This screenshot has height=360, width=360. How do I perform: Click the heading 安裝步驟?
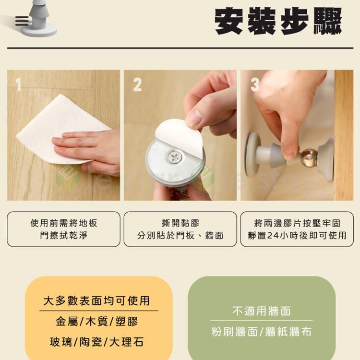[278, 21]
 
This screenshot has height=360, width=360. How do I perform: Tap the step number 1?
[19, 84]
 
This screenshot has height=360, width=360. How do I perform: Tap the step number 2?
[137, 84]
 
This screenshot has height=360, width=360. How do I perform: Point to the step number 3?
[255, 84]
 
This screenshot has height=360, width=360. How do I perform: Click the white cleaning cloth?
[60, 129]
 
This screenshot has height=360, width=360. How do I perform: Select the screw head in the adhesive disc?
[175, 157]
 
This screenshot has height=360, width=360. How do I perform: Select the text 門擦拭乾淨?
[63, 235]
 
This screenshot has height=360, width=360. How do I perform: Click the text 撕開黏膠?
[180, 223]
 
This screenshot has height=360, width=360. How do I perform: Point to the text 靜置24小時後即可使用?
[297, 235]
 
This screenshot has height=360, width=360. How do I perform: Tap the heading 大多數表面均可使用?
[96, 300]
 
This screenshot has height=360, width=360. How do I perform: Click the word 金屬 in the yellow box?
[67, 321]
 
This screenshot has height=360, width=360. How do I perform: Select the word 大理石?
[126, 342]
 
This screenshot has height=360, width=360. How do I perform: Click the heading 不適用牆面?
[262, 311]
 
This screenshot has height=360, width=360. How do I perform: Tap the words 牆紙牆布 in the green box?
[288, 332]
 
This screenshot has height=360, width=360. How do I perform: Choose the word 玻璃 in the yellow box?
[61, 342]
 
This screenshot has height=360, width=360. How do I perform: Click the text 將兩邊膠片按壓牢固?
[297, 223]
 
